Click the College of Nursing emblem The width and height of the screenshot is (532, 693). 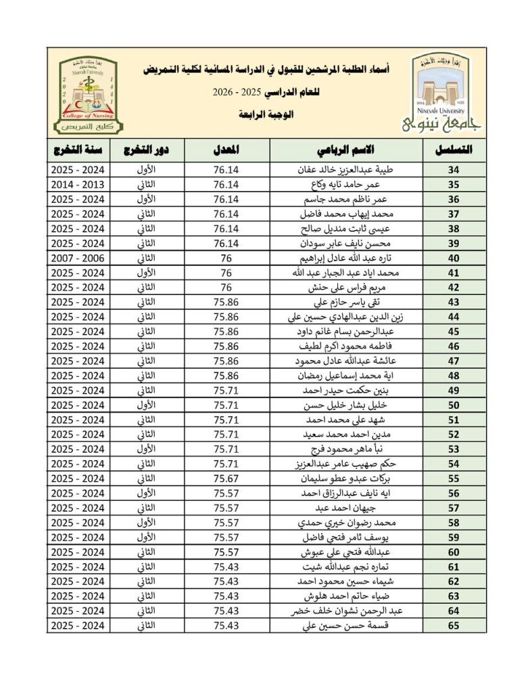87,95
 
